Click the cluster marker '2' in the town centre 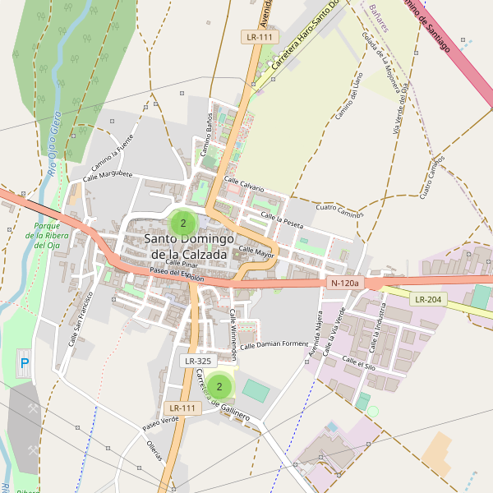[x=182, y=223]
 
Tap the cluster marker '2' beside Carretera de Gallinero [x=219, y=386]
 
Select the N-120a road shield [x=345, y=283]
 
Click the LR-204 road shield [x=429, y=300]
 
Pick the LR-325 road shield [x=199, y=361]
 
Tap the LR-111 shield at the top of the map [x=260, y=37]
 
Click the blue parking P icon [x=24, y=362]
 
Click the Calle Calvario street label [x=244, y=185]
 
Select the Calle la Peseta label [x=282, y=219]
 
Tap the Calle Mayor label [x=256, y=250]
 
